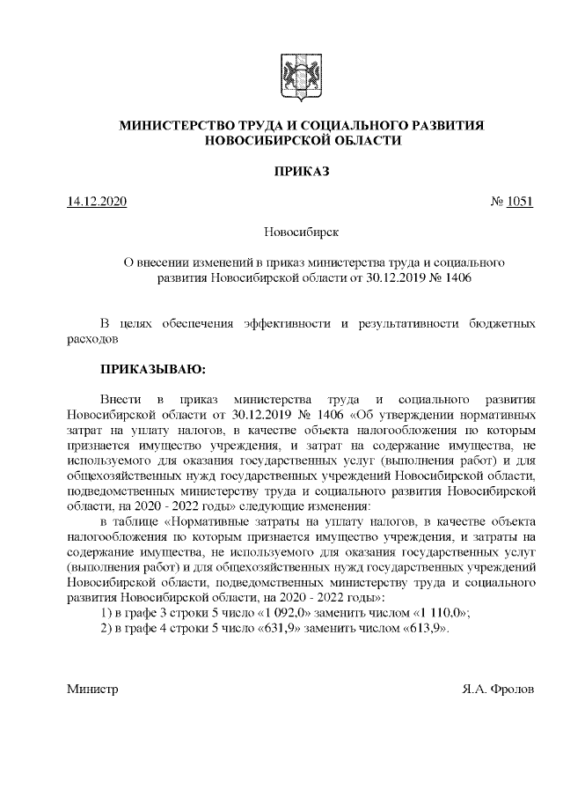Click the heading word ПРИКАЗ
coord(301,171)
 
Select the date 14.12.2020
coord(97,202)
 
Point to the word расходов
coord(92,337)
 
